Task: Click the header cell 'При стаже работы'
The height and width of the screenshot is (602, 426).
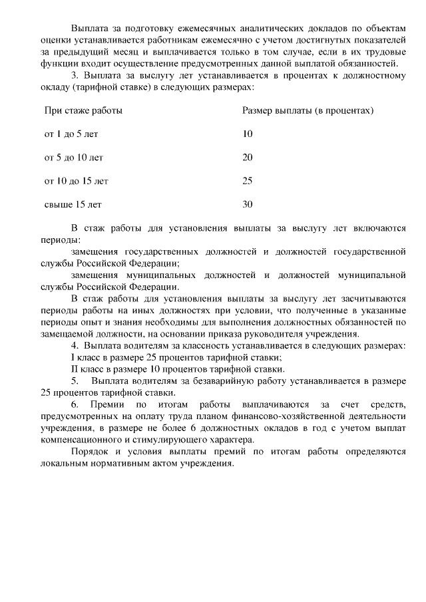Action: [83, 110]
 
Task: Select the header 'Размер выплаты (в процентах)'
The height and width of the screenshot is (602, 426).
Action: [308, 110]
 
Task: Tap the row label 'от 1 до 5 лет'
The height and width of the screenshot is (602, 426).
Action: [71, 134]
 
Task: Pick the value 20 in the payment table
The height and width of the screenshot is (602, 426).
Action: [248, 157]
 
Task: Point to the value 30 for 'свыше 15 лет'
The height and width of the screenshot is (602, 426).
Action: [248, 204]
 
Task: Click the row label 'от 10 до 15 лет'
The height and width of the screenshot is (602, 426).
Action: [76, 180]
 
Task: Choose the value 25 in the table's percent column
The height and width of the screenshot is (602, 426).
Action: [248, 180]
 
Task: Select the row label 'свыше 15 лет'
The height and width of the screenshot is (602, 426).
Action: [73, 204]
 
